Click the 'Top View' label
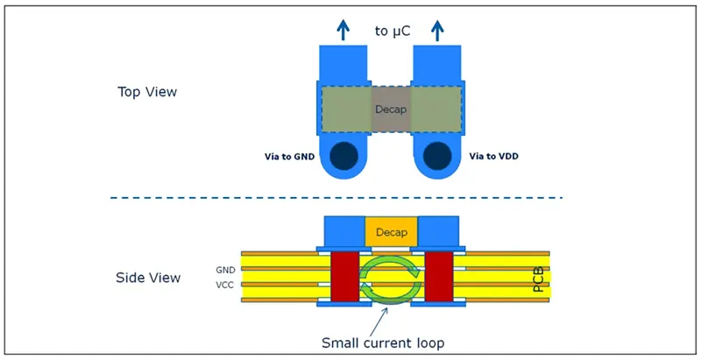[147, 92]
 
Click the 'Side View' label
[148, 278]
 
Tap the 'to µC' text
[393, 32]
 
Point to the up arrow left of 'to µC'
[343, 30]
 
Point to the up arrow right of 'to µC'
[437, 30]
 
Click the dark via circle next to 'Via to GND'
[343, 156]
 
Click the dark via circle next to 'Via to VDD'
[437, 156]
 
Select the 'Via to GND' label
[289, 157]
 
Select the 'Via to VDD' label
[493, 156]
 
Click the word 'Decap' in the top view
[391, 109]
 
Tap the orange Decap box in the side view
[391, 232]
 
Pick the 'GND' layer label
[225, 270]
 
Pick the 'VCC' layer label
[225, 285]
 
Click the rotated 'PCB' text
[539, 279]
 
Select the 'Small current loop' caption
[383, 343]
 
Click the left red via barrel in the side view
[344, 277]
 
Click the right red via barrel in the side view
[439, 277]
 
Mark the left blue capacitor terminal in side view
[344, 231]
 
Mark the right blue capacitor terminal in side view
[438, 231]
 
